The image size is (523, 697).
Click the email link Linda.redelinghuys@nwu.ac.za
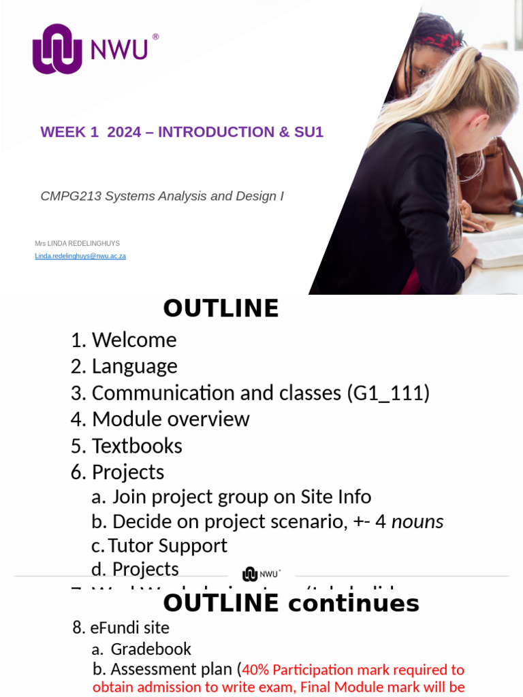80,256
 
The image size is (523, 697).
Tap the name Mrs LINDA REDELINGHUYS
77,243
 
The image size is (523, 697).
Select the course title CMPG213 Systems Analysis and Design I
162,196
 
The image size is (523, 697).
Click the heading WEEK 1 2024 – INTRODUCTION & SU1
182,132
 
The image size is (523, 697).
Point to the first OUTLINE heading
221,308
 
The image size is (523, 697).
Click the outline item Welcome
133,340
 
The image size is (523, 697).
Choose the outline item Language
134,366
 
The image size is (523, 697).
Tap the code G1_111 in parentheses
388,393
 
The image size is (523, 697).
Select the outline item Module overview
170,419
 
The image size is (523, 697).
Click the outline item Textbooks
137,446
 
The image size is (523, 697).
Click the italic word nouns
417,521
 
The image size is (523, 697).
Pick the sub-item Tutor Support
168,545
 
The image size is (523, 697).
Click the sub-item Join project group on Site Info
242,497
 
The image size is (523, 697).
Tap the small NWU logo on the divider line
261,574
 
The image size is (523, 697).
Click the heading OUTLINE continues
291,603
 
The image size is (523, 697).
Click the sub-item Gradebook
150,649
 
